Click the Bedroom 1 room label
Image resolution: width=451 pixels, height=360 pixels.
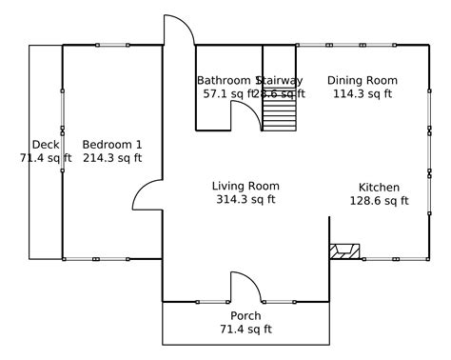(x=112, y=144)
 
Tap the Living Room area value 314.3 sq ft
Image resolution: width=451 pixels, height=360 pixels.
(x=245, y=200)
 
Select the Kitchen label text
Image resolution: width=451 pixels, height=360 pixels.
(x=379, y=187)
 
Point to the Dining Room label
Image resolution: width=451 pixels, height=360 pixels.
(x=363, y=80)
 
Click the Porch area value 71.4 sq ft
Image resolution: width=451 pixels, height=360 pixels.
(x=245, y=330)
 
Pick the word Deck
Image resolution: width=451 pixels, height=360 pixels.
(x=46, y=144)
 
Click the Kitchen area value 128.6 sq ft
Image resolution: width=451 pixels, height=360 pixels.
(x=379, y=200)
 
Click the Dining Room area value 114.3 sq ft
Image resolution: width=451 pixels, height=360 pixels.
(x=363, y=93)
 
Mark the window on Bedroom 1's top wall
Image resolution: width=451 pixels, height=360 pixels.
(x=112, y=45)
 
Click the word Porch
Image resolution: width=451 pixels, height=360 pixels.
(x=245, y=316)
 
